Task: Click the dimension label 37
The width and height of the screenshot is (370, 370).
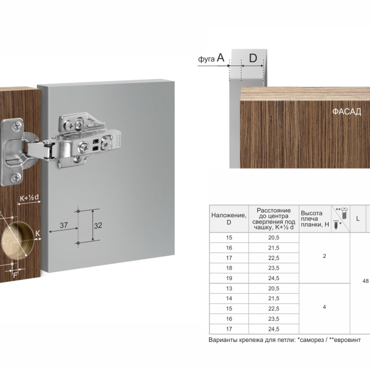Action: click(64, 225)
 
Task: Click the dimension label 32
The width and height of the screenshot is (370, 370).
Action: click(98, 226)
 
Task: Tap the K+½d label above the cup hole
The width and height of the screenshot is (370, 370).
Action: click(29, 198)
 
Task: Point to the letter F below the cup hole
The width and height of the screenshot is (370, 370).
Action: click(15, 275)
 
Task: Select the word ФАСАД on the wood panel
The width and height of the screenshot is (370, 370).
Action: click(347, 112)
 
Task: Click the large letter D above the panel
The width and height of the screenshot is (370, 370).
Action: click(253, 58)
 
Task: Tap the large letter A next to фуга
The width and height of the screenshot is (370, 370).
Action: click(220, 57)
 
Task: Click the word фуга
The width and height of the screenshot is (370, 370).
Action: click(206, 59)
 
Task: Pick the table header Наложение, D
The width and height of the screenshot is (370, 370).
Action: click(229, 219)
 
